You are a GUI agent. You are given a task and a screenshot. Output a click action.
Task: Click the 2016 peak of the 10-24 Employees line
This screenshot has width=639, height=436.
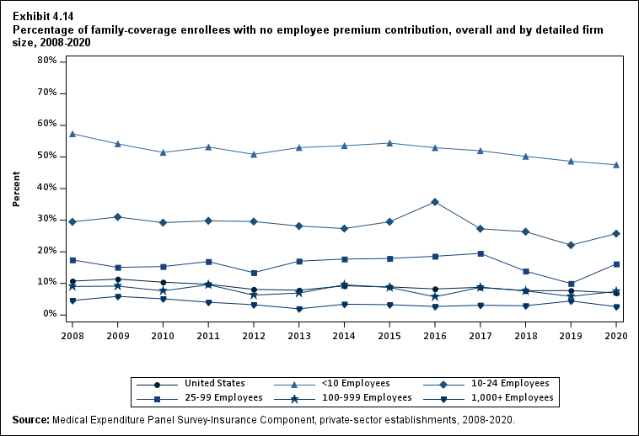point(435,202)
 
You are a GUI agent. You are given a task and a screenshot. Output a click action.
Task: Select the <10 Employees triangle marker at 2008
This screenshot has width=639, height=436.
point(72,134)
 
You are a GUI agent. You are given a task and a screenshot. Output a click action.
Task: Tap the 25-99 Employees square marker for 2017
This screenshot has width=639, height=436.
point(481,253)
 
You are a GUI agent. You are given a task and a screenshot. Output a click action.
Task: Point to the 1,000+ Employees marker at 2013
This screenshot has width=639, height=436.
point(299,309)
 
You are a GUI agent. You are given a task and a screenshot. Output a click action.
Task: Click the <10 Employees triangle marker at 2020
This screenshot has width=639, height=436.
point(616,165)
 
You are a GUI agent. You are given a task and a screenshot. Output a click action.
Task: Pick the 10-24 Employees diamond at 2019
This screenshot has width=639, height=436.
point(571,245)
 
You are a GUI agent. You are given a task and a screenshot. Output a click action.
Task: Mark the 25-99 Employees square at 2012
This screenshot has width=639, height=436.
point(254,273)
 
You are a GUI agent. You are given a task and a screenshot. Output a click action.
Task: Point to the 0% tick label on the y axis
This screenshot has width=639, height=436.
point(49,314)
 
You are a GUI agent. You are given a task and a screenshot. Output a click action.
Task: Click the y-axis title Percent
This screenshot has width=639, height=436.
point(16,188)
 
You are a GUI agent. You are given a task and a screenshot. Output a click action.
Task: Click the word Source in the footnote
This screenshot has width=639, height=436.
point(30,419)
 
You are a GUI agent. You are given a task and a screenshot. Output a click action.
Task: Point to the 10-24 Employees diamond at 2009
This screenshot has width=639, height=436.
point(118,217)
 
